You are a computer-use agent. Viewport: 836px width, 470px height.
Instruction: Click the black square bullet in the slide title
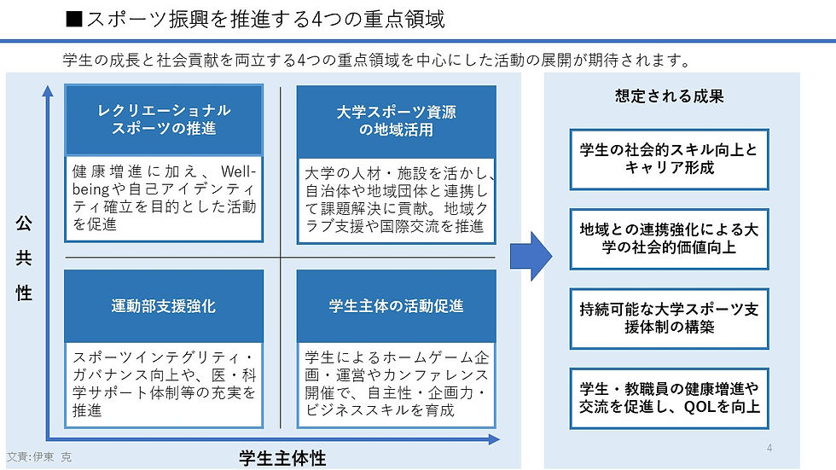[74, 19]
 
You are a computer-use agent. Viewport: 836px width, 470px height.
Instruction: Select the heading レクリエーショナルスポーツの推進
[164, 119]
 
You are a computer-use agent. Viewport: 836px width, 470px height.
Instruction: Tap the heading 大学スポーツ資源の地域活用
[396, 121]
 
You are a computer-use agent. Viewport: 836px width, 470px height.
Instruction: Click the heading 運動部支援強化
[164, 306]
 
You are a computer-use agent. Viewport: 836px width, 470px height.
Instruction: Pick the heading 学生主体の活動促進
[396, 306]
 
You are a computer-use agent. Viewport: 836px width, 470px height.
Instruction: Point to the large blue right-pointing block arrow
[531, 256]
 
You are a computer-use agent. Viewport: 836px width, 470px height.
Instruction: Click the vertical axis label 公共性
[24, 258]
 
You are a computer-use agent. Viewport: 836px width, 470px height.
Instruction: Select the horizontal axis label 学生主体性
[282, 458]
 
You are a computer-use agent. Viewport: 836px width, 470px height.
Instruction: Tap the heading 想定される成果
[669, 96]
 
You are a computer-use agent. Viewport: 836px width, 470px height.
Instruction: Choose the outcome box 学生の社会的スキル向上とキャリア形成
[669, 159]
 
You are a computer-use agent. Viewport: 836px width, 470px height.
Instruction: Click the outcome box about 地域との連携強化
[669, 239]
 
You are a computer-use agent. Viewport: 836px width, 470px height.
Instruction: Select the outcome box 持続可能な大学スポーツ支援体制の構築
[669, 318]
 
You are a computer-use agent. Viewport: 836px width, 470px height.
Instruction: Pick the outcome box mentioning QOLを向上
[669, 398]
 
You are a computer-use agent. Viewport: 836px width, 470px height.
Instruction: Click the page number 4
[769, 448]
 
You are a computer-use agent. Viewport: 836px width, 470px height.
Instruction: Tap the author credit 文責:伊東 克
[39, 456]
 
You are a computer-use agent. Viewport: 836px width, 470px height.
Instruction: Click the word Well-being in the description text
[164, 180]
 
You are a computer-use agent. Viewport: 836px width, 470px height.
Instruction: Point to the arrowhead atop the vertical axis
[48, 91]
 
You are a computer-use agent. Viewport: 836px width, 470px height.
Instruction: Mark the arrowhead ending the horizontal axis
[494, 439]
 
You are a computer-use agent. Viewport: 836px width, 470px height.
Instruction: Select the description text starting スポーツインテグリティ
[164, 384]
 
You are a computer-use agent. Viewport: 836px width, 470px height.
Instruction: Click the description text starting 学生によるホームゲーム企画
[396, 384]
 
